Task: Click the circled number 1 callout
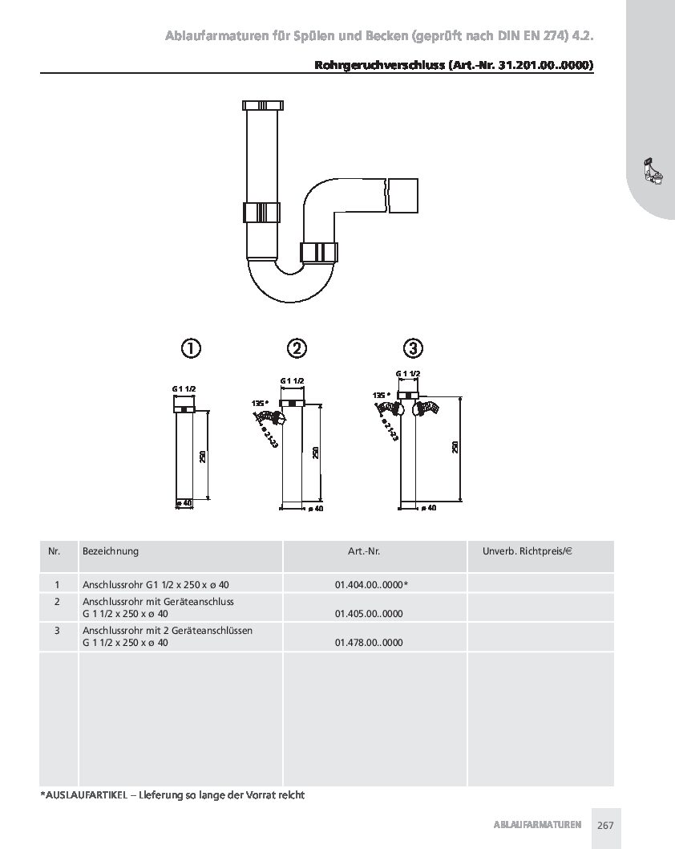coord(190,348)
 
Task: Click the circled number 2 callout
coord(297,348)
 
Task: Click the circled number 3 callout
coord(413,348)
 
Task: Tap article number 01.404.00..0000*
coord(371,585)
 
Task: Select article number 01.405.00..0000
coord(369,613)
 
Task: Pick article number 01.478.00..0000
coord(369,643)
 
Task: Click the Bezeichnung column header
coord(111,551)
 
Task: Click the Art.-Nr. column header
coord(364,551)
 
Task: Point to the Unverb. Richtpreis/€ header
coord(527,551)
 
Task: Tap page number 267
coord(606,825)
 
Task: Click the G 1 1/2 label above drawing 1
coord(184,388)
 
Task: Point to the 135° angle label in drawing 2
coord(260,404)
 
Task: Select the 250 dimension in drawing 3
coord(455,447)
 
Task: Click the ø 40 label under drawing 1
coord(184,503)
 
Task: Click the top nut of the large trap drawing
coord(263,105)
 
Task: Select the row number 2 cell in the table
coord(57,602)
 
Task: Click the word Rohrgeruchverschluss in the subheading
coord(380,66)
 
